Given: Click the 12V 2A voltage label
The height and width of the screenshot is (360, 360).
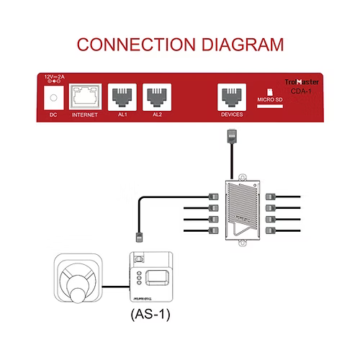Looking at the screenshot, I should tap(55, 76).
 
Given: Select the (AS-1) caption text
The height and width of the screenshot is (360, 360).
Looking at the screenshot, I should tap(152, 315).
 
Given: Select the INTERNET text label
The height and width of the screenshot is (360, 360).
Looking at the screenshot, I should tap(84, 114).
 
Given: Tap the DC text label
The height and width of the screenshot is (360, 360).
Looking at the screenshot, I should tap(51, 114).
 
